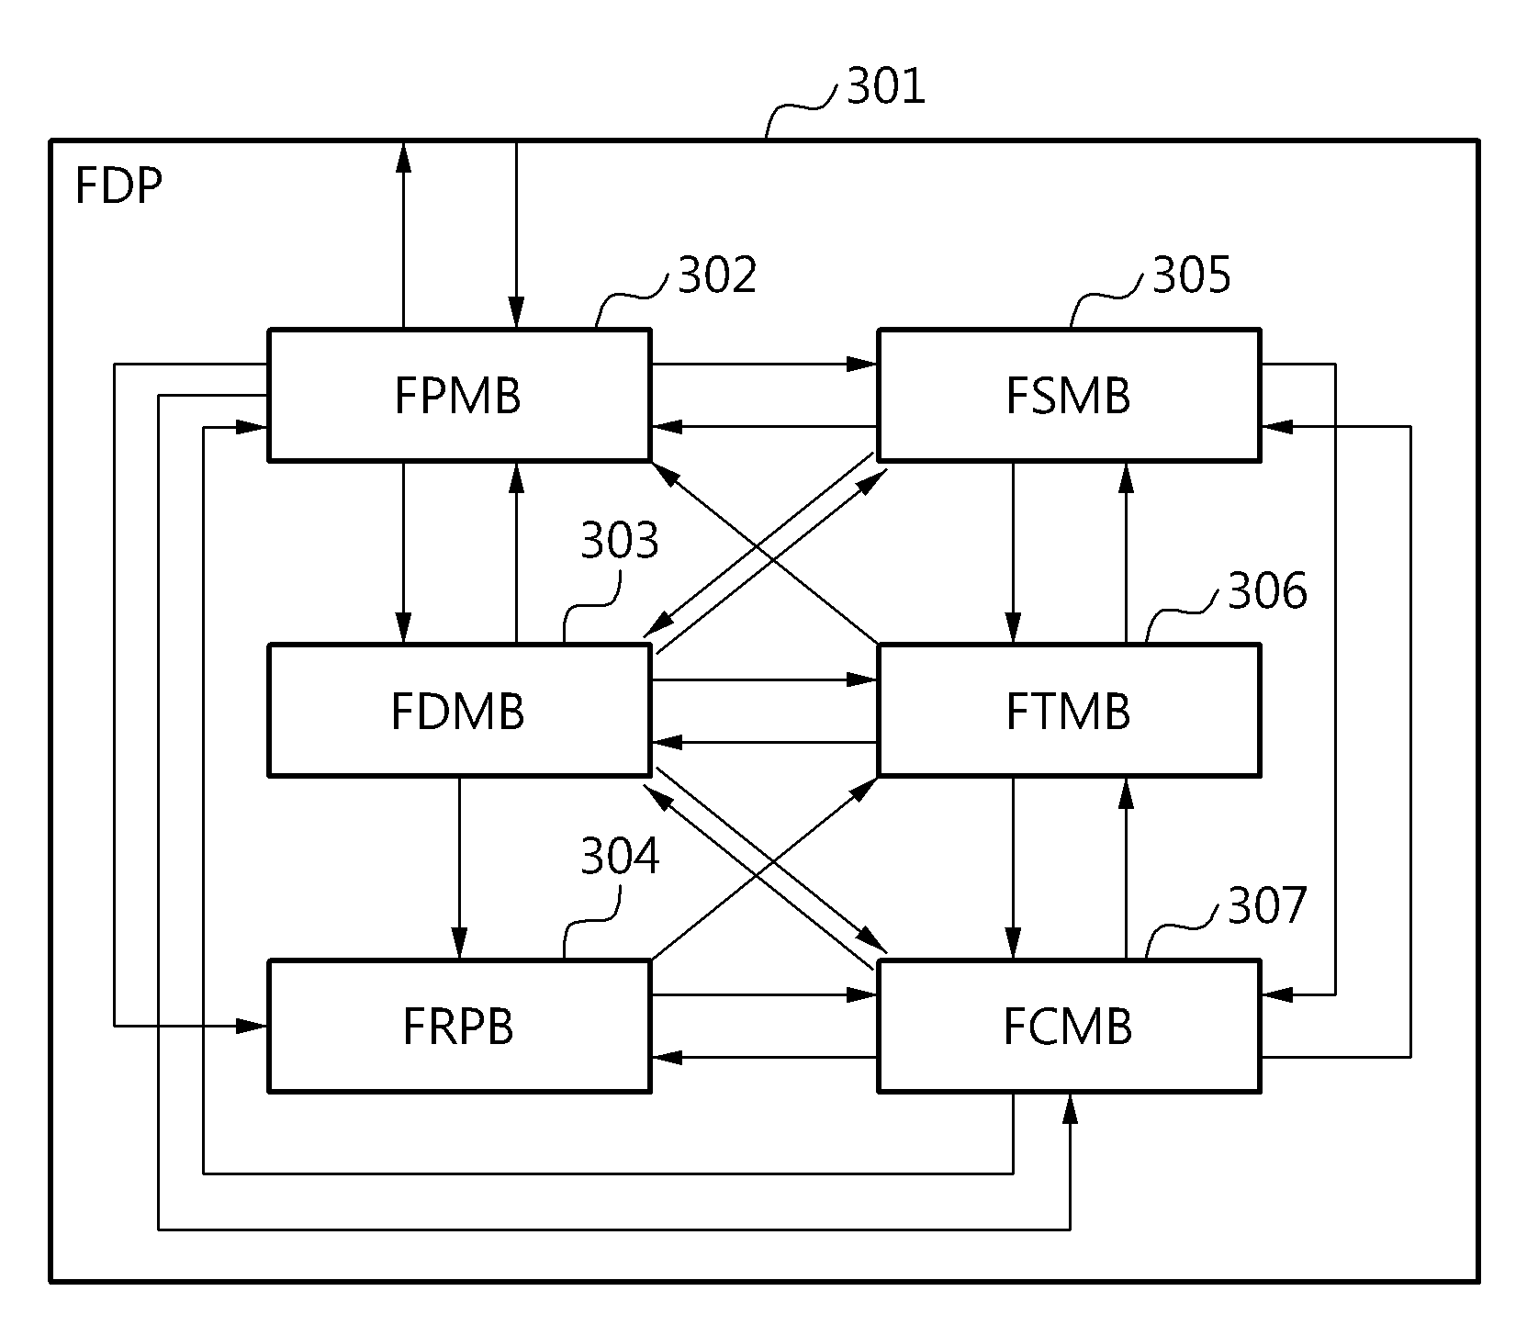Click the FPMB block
[x=459, y=394]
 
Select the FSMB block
[x=1069, y=394]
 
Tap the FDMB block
[x=459, y=710]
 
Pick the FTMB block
[x=1069, y=710]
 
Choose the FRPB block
[x=459, y=1026]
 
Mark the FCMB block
[x=1069, y=1026]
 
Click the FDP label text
[x=118, y=187]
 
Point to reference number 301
[x=886, y=88]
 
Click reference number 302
[x=717, y=275]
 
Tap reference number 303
[x=620, y=542]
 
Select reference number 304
[x=620, y=856]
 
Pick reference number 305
[x=1192, y=275]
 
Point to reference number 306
[x=1267, y=591]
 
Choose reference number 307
[x=1267, y=906]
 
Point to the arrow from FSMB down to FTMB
[x=1014, y=552]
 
